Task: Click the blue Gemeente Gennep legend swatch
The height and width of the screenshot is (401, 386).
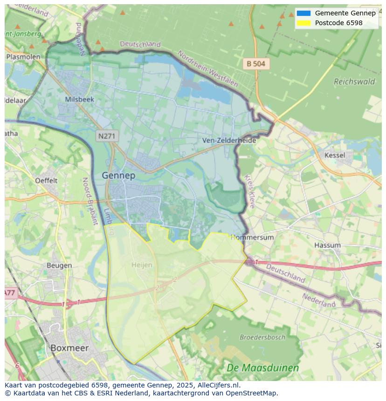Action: tap(303, 13)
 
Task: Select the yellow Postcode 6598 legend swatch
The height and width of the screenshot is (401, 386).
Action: tap(303, 23)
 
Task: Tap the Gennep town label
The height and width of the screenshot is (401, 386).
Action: tap(118, 176)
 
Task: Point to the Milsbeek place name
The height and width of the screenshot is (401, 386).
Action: tap(80, 99)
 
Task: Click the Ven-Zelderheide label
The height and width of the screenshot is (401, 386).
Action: tap(229, 140)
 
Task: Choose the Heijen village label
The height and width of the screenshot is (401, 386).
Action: tap(142, 265)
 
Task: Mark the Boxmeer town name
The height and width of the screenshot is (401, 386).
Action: tap(69, 347)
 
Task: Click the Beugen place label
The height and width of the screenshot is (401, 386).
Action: tap(59, 265)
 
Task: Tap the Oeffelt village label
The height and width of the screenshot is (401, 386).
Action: tap(46, 180)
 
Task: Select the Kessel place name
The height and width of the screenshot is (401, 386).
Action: tap(335, 155)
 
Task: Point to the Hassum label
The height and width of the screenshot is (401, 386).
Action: tap(327, 245)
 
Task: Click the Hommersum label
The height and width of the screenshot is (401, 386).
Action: tap(253, 237)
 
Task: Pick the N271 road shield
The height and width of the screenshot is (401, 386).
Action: tap(108, 136)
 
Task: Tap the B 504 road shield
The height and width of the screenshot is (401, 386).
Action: tap(256, 64)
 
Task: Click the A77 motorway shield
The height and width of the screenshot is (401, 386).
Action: tap(10, 293)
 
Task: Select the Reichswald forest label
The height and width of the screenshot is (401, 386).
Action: tap(354, 82)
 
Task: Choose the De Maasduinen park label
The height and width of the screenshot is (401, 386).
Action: tap(262, 368)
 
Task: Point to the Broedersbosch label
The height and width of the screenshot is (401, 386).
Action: tap(262, 337)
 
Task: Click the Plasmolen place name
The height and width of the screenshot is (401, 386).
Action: tap(23, 57)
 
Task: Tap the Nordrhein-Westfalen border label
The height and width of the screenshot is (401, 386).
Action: tap(208, 69)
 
